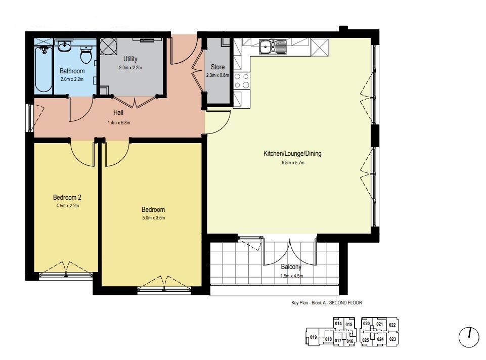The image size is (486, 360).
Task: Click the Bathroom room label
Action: tap(72, 71)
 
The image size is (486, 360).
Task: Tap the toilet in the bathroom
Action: tap(85, 55)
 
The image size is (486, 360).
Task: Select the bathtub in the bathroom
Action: tap(43, 69)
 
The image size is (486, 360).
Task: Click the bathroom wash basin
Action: tap(64, 46)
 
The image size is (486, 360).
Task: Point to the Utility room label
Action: tap(130, 59)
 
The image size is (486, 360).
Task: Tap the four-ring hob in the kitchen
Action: tap(241, 80)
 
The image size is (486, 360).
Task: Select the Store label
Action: tap(217, 67)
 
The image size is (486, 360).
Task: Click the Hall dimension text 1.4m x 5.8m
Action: tap(119, 123)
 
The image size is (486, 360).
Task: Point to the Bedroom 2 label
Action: tap(67, 197)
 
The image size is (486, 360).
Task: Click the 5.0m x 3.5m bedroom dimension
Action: tap(153, 218)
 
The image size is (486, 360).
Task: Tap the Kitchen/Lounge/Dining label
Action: tap(292, 153)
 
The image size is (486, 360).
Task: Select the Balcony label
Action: tap(291, 267)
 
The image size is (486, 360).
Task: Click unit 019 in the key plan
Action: tap(314, 337)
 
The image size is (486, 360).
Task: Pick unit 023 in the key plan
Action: tap(392, 339)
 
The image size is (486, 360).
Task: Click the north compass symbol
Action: tap(469, 337)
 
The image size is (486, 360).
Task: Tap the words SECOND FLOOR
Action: tap(345, 303)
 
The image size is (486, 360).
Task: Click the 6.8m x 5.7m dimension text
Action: tap(293, 163)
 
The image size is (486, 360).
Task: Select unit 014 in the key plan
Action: tap(338, 324)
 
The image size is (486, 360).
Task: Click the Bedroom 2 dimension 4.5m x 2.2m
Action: tap(68, 206)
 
